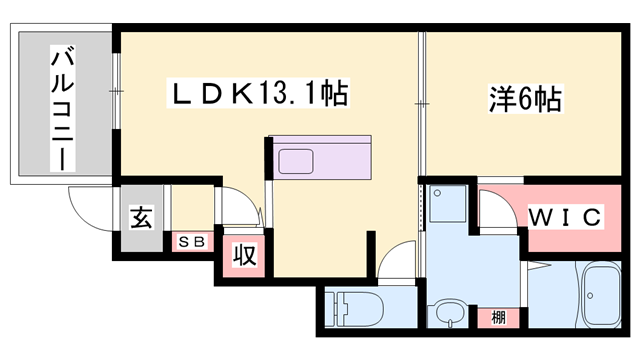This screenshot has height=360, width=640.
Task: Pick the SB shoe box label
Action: point(191,241)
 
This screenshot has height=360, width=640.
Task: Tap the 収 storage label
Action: point(244,255)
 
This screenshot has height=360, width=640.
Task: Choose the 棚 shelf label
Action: point(497,318)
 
